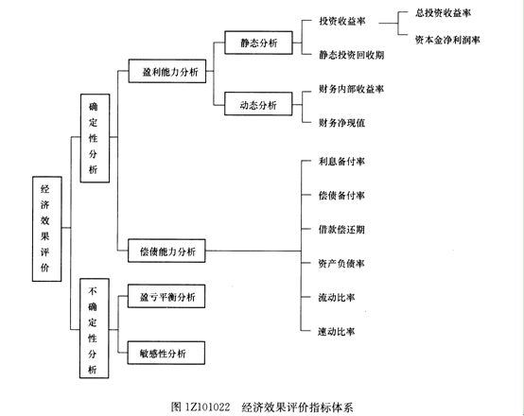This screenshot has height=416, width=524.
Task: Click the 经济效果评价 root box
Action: (46, 229)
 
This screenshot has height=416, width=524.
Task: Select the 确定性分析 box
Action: (95, 138)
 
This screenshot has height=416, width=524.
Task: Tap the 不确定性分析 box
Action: (95, 328)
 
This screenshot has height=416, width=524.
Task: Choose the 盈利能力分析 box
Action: (167, 71)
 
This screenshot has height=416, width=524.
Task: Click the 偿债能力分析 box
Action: (166, 251)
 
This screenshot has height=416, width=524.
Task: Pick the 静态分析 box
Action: (258, 43)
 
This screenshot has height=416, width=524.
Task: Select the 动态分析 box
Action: (258, 104)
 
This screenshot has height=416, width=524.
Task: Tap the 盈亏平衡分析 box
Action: (166, 296)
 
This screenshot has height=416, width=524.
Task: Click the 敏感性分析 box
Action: (166, 353)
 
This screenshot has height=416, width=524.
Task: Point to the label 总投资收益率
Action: (443, 13)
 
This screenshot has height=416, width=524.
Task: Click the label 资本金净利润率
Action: (447, 40)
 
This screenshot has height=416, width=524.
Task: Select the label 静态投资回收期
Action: (351, 55)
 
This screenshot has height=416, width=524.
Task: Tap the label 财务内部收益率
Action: (351, 89)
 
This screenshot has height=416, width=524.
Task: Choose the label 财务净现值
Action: (341, 123)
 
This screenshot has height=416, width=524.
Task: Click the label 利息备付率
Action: (341, 162)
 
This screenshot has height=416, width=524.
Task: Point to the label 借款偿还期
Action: (341, 230)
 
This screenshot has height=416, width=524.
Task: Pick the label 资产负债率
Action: (341, 264)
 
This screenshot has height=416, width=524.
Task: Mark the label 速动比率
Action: (337, 332)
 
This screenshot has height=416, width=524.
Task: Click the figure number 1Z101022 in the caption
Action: (206, 407)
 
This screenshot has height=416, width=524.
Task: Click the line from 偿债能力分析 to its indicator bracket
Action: (253, 251)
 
